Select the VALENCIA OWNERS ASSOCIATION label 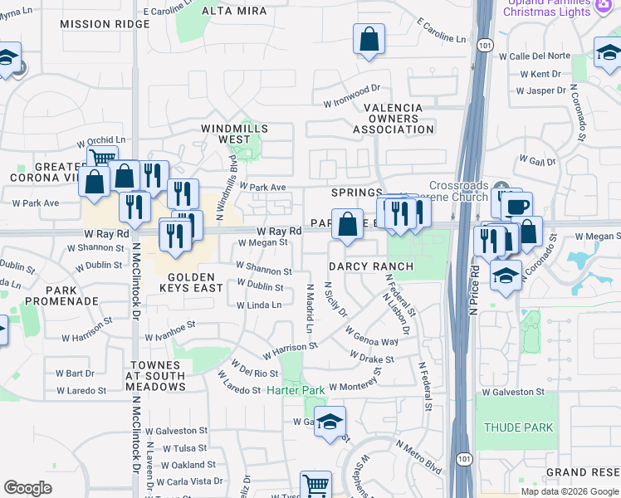[x=393, y=119]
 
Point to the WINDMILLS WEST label [x=236, y=134]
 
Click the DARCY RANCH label [x=370, y=266]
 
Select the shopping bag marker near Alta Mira [x=369, y=39]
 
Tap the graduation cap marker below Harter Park [x=330, y=422]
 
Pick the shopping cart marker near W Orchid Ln [x=101, y=156]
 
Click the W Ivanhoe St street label [x=169, y=331]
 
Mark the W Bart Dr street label [x=81, y=373]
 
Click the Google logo [x=27, y=488]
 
